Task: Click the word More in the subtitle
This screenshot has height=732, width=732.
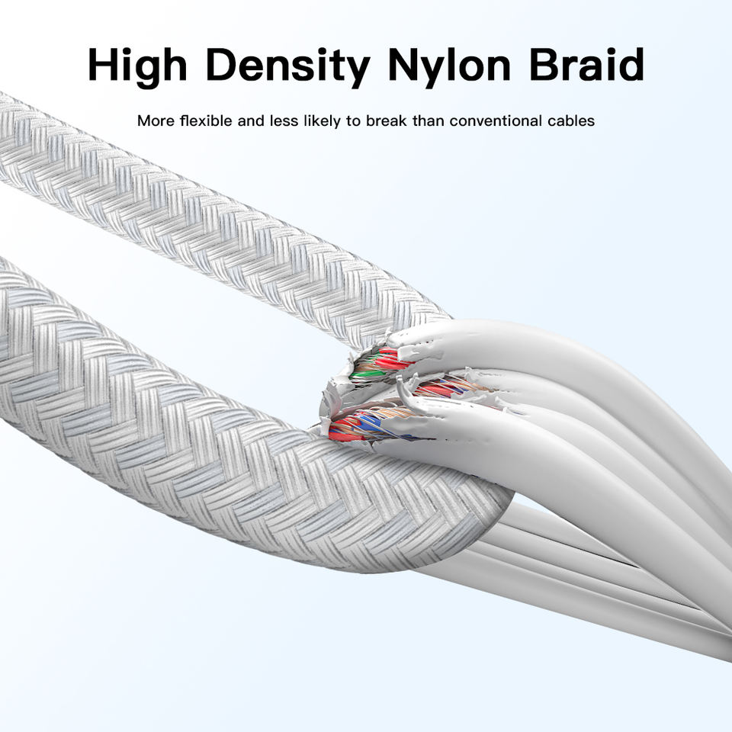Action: tap(153, 121)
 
